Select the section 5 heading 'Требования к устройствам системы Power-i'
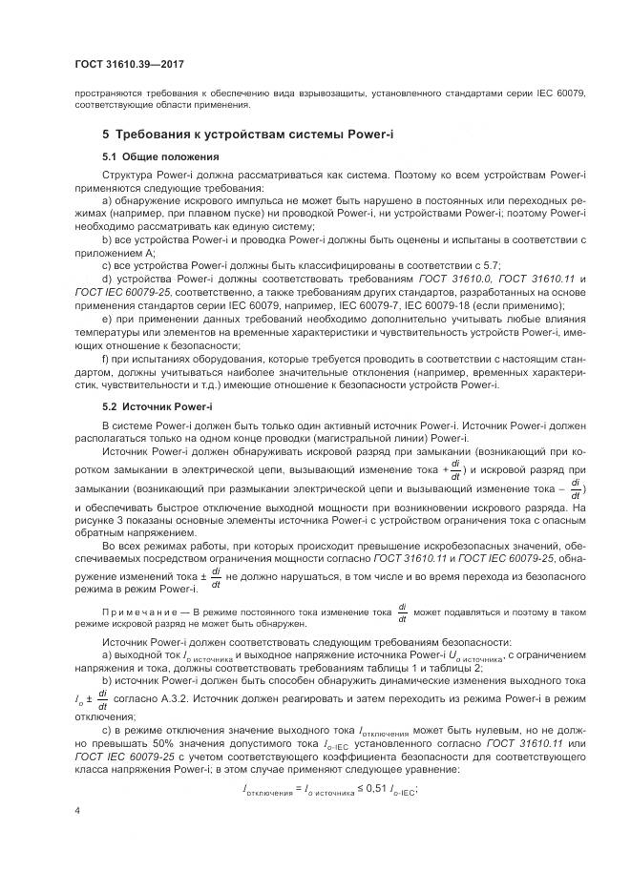pos(248,135)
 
